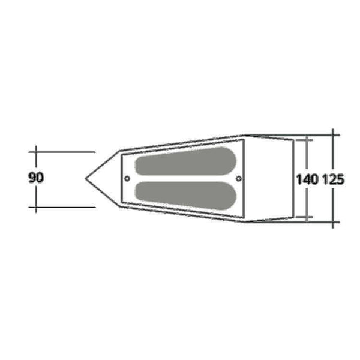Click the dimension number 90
pyautogui.click(x=35, y=178)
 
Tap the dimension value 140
pyautogui.click(x=307, y=179)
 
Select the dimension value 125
pyautogui.click(x=334, y=179)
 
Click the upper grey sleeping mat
pyautogui.click(x=185, y=161)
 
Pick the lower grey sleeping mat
pyautogui.click(x=185, y=196)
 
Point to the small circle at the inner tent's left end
pyautogui.click(x=127, y=178)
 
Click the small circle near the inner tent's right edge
pyautogui.click(x=239, y=178)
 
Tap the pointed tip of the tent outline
pyautogui.click(x=86, y=178)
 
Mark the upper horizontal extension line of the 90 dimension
pyautogui.click(x=62, y=152)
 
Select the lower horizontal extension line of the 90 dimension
pyautogui.click(x=62, y=207)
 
